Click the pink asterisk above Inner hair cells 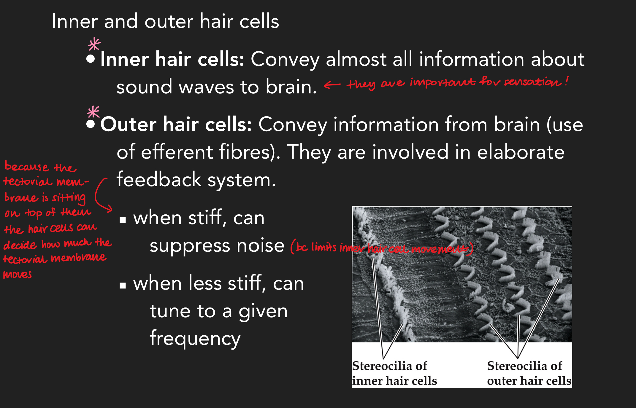[94, 44]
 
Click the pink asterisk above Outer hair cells [93, 112]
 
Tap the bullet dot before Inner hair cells [91, 59]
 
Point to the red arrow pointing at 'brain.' [332, 85]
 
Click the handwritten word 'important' [442, 82]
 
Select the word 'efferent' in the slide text [177, 152]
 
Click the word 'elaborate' [521, 152]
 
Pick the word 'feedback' [159, 180]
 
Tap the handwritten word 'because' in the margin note [27, 167]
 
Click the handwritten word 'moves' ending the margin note [18, 275]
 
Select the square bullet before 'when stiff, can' [123, 220]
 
